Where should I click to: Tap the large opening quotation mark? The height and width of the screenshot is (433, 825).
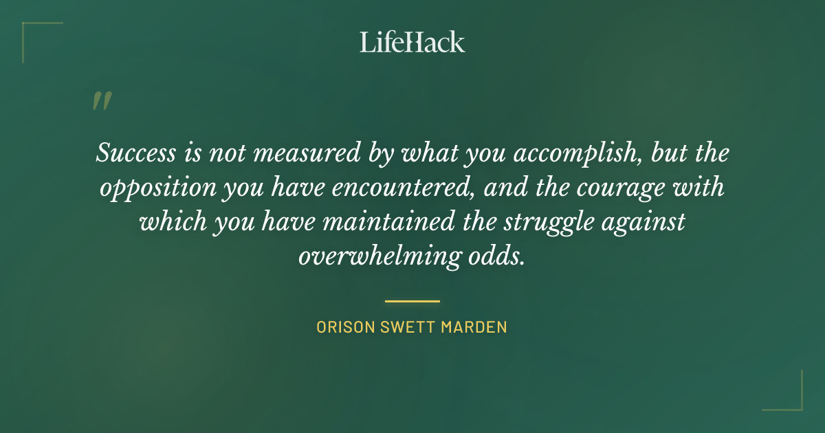[101, 101]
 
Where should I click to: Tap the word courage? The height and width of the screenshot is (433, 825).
[618, 187]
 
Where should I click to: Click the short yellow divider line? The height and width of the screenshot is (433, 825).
[412, 301]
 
